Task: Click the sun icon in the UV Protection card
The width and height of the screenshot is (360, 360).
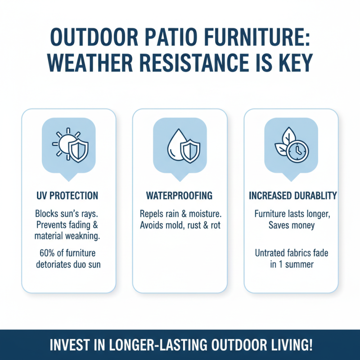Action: pyautogui.click(x=63, y=144)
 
